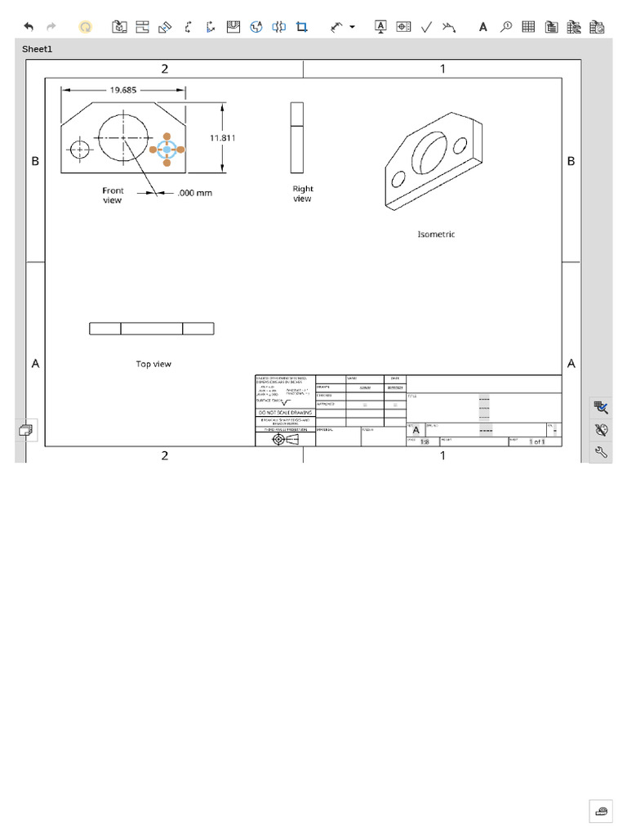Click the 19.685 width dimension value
[123, 90]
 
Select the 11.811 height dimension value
[222, 138]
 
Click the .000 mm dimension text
[194, 194]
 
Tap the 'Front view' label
[113, 195]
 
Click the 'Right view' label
[303, 194]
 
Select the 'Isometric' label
[436, 235]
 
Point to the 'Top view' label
[153, 365]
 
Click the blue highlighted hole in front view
[167, 150]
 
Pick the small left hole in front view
[80, 149]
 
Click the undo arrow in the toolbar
[29, 27]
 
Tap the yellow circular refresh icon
[85, 27]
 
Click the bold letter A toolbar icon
[482, 27]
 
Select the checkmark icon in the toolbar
[426, 27]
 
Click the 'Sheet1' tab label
[37, 49]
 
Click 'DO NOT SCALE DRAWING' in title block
[285, 413]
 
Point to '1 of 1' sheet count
[536, 441]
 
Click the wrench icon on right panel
[602, 452]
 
